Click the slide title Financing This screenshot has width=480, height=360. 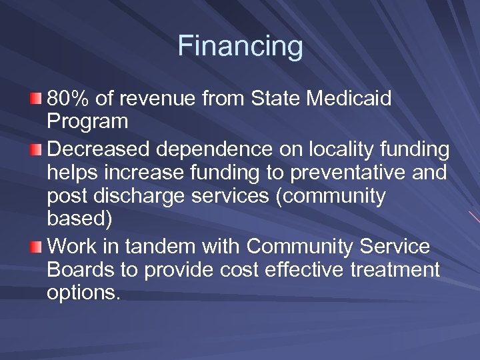[240, 47]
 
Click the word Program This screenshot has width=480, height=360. [87, 123]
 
